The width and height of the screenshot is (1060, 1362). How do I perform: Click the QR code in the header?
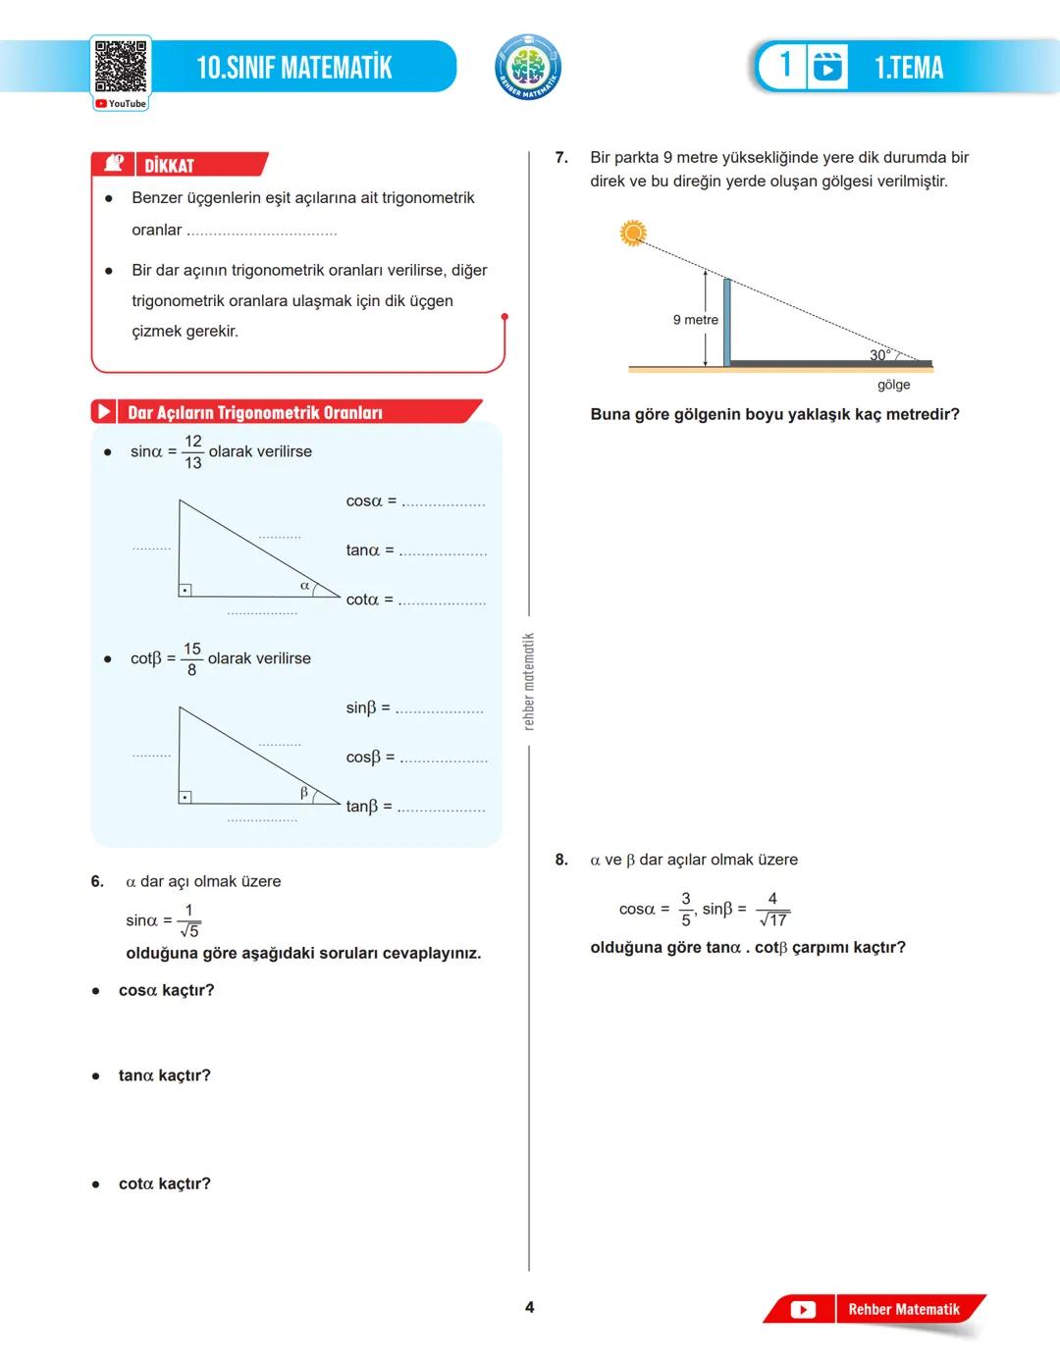coord(121,67)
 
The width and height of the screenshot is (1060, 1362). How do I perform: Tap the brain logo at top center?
coord(528,67)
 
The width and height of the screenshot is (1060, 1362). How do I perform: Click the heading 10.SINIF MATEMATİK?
coord(294,68)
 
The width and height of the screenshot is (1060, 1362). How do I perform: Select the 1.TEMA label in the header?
coord(909,68)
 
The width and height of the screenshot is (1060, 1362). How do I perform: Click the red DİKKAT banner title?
coord(170,166)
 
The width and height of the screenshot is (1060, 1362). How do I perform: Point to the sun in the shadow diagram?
coord(633,233)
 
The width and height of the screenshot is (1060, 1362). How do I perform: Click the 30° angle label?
coord(879,354)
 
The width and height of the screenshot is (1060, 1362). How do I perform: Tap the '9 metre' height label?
coord(695,320)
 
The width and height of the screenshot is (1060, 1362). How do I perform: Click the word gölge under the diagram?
coord(893,385)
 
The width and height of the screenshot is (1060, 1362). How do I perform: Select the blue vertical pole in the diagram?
coord(726,322)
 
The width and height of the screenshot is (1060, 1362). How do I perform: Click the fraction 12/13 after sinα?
coord(193,452)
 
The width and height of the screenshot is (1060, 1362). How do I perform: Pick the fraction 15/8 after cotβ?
coord(192,659)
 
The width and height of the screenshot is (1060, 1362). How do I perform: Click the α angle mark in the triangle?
coord(304,586)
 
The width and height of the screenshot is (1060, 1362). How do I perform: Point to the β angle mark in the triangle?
coord(303,792)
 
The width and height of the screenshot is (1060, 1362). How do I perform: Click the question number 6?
coord(97,881)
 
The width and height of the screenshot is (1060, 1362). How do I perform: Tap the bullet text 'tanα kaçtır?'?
coord(164,1075)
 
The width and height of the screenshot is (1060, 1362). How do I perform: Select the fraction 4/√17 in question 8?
coord(772,910)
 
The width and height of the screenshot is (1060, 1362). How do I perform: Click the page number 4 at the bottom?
coord(530,1307)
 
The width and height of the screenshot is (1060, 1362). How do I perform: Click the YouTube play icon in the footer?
coord(803,1309)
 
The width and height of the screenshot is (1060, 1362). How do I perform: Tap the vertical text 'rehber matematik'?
coord(529,681)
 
